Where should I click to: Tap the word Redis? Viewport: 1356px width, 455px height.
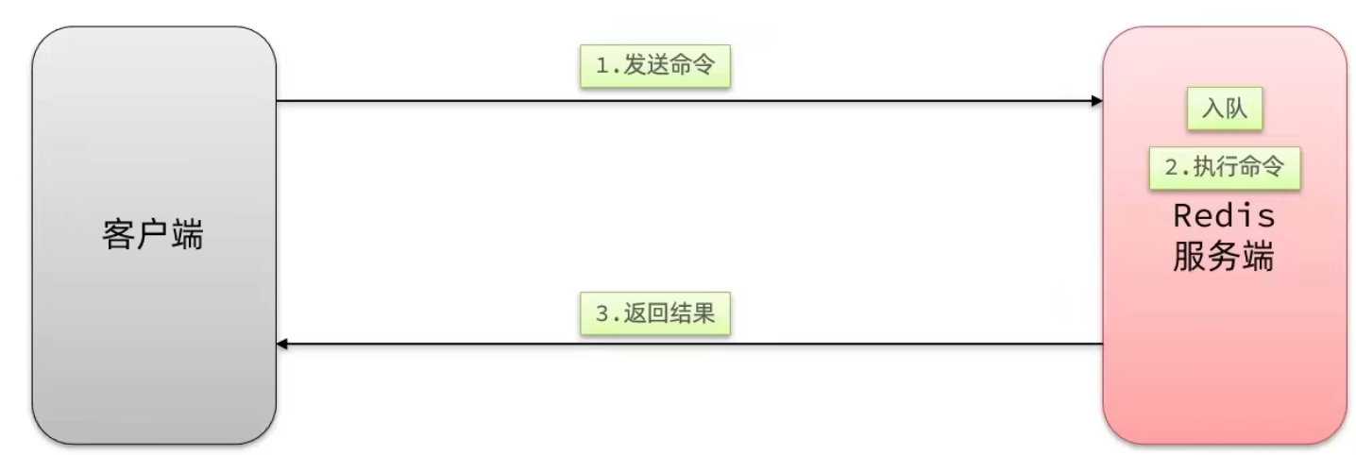coord(1224,216)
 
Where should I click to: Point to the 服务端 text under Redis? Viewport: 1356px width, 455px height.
coord(1224,256)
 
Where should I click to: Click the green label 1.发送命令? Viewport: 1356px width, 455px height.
coord(655,68)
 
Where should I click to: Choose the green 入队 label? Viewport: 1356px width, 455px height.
coord(1224,110)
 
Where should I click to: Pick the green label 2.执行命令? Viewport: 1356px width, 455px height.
coord(1224,168)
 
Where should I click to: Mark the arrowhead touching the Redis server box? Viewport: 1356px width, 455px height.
coord(1096,100)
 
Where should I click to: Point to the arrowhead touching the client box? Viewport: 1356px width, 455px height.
coord(282,345)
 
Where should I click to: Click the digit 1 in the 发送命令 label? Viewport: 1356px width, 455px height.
coord(602,68)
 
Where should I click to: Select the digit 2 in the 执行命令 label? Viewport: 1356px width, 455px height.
coord(1171,168)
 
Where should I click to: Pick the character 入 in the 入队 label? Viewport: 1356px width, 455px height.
coord(1212,110)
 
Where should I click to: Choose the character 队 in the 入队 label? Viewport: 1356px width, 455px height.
coord(1236,110)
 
